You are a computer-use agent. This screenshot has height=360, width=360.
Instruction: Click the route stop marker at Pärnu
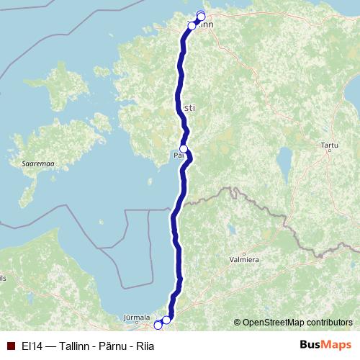[x=184, y=149]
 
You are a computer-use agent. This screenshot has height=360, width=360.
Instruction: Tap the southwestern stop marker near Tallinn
[x=192, y=26]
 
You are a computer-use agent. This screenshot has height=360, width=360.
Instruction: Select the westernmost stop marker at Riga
[x=158, y=325]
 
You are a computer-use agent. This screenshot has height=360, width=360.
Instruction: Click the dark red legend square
[x=9, y=346]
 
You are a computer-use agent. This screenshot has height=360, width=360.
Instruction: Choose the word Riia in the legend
[x=142, y=346]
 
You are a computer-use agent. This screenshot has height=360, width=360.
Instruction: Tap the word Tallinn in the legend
[x=72, y=346]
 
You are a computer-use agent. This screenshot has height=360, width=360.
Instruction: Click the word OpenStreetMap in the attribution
[x=276, y=323]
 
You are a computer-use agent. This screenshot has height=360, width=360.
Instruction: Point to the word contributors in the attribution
[x=330, y=323]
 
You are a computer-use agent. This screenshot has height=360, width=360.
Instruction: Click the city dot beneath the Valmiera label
[x=244, y=264]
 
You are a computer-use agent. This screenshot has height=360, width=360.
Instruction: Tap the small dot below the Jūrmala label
[x=137, y=323]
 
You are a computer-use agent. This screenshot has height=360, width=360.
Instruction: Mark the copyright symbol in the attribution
[x=237, y=323]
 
